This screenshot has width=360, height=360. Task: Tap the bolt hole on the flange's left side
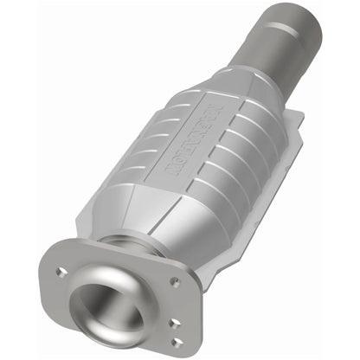pos(61,272)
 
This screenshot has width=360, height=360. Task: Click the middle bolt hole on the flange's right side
pos(177,323)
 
